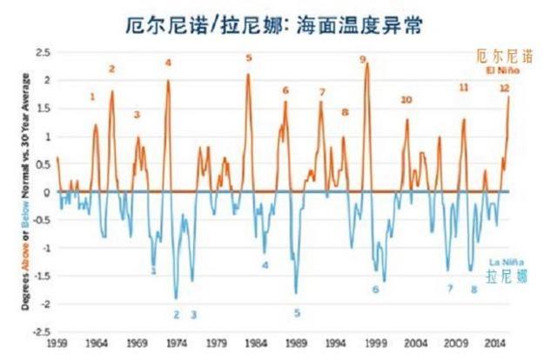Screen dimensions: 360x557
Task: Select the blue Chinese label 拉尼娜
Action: (x=507, y=277)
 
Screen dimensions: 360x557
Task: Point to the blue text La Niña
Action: (x=505, y=261)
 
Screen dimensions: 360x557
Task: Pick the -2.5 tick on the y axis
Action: (x=41, y=331)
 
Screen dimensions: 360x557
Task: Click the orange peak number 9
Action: (x=362, y=59)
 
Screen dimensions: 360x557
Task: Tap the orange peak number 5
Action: (x=248, y=58)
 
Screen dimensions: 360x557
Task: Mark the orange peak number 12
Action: (x=504, y=88)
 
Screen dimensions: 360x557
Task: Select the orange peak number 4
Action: (x=168, y=63)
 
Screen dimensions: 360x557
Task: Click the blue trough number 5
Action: (x=297, y=313)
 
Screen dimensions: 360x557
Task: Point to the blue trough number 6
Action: (x=376, y=290)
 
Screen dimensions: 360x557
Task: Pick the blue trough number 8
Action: (x=474, y=290)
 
